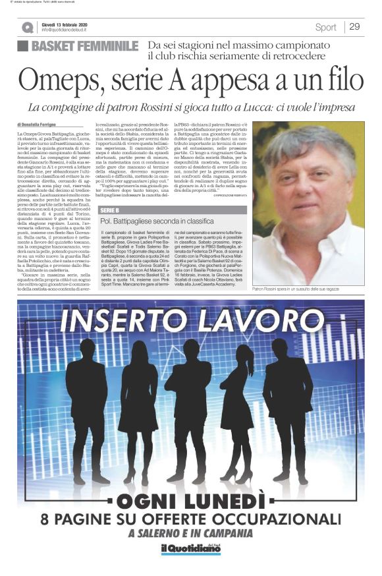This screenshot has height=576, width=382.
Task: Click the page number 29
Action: tap(354, 27)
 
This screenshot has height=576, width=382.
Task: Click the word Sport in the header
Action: tap(325, 27)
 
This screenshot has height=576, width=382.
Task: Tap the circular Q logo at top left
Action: tap(27, 28)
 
